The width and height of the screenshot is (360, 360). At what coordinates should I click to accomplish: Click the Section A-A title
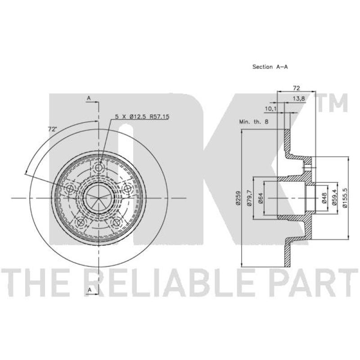click(270, 67)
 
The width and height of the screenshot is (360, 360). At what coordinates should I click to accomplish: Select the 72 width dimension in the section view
click(297, 88)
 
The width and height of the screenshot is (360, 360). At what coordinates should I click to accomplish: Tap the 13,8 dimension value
click(299, 99)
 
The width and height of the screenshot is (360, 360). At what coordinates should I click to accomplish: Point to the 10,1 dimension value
click(271, 109)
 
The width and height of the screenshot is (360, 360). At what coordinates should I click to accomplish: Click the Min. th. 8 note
click(254, 121)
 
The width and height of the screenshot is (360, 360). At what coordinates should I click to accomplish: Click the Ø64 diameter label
click(261, 198)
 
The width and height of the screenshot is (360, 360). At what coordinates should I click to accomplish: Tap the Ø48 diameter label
click(324, 198)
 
